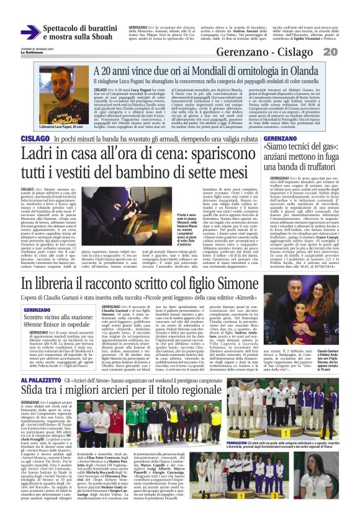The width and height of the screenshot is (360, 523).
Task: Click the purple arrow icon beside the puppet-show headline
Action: pyautogui.click(x=30, y=32)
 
